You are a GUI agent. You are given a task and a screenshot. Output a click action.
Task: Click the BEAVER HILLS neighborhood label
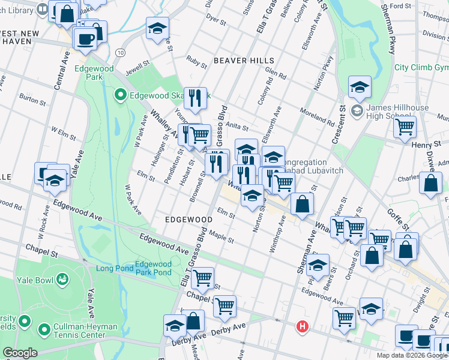tap(244, 61)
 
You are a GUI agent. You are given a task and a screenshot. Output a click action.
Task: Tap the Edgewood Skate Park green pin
tap(120, 95)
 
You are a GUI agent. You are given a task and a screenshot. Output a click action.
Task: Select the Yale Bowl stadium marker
tap(62, 279)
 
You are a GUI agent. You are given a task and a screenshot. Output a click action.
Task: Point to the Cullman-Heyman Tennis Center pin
tap(43, 329)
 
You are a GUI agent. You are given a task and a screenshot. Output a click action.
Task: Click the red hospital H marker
tap(303, 327)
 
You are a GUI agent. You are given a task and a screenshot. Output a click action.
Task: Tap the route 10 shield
tap(121, 53)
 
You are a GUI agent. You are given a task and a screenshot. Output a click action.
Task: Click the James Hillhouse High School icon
tap(357, 110)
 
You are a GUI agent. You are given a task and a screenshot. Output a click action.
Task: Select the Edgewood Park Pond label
tap(153, 268)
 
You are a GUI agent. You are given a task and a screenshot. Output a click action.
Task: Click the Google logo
tap(20, 353)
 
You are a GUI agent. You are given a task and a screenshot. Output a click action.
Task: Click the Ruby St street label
tap(196, 59)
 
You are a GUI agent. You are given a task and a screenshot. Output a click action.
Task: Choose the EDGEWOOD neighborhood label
tap(188, 220)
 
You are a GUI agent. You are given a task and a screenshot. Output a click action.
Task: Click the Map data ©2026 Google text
tap(412, 355)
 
